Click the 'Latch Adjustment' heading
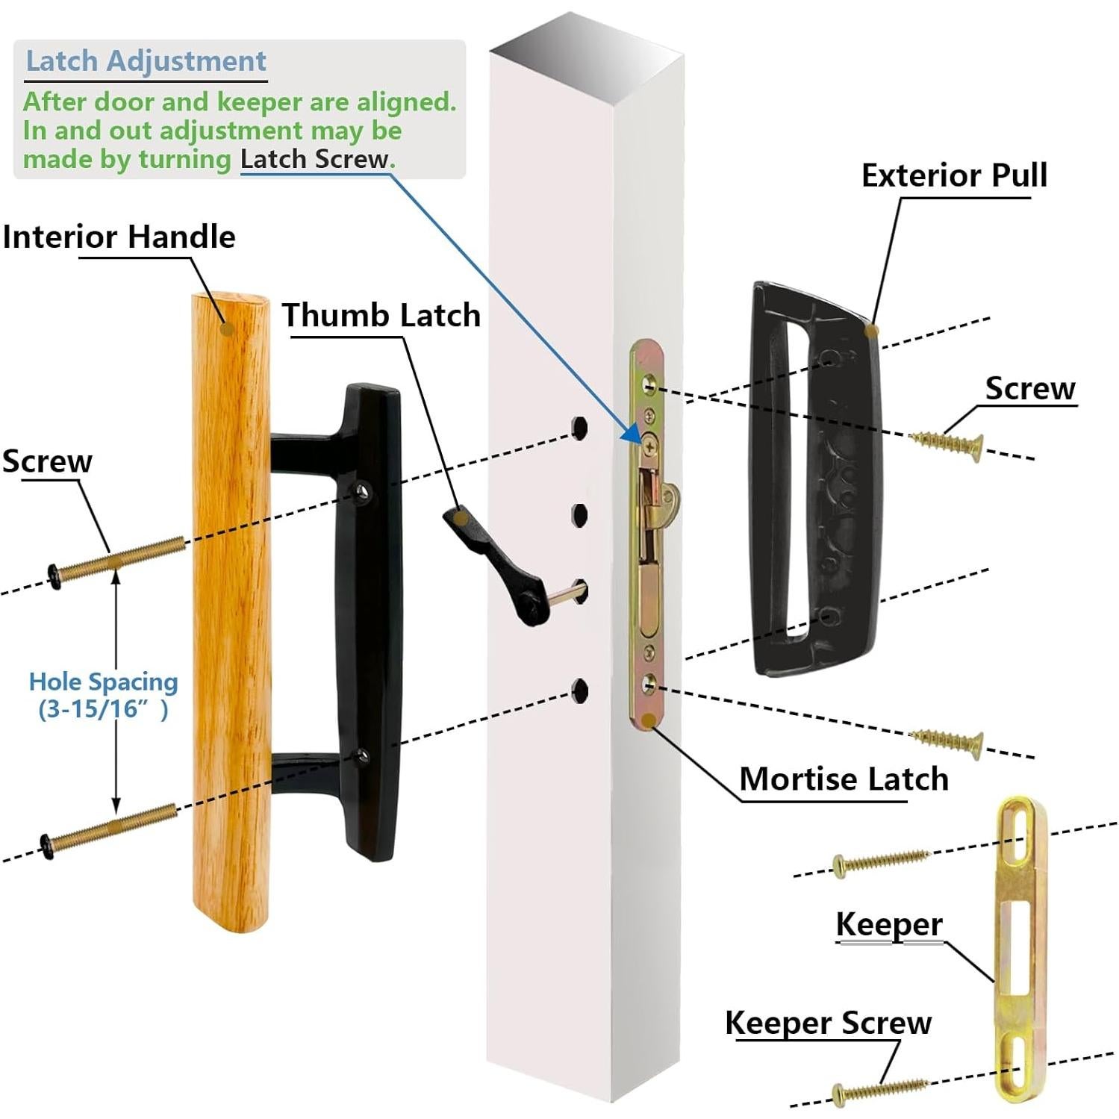pos(146,61)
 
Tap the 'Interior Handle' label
pos(119,237)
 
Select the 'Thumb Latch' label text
pos(381,315)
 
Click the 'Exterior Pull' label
pos(954,175)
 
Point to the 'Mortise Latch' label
pos(844,779)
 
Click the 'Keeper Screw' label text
pos(828,1023)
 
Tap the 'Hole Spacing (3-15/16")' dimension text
pos(103,695)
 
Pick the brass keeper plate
pos(1021,948)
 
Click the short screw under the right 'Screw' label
pos(947,443)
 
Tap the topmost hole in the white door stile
pos(579,428)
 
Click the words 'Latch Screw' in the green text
pos(314,159)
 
